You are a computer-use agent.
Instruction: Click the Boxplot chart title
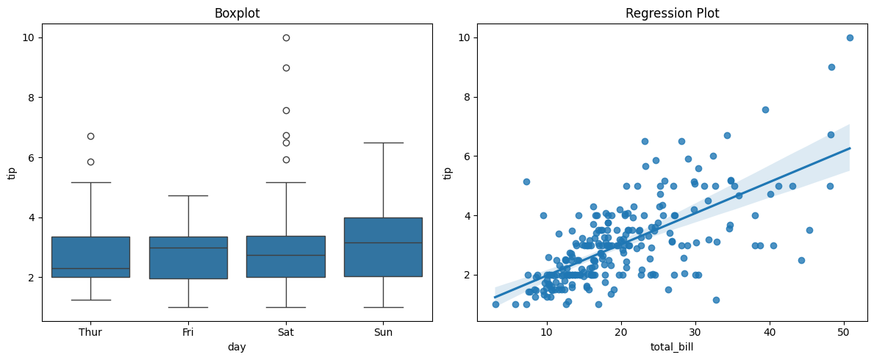[237, 13]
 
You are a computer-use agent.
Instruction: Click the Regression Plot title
[672, 13]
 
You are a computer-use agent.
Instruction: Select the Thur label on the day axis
[90, 332]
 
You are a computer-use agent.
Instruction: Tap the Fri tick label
[188, 332]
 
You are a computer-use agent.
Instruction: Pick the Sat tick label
[286, 332]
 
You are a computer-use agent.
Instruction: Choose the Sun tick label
[383, 332]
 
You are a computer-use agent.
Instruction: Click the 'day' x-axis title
[237, 347]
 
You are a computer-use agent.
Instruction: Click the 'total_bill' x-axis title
[672, 347]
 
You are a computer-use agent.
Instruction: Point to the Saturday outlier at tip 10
[286, 37]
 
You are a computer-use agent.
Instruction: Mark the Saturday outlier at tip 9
[286, 68]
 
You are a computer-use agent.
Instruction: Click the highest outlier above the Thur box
[90, 136]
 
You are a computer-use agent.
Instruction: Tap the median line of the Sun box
[383, 242]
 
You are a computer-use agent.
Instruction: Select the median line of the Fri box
[188, 248]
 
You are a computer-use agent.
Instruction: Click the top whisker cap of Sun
[383, 143]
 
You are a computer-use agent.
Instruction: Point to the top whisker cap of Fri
[188, 195]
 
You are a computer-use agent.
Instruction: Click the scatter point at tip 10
[850, 37]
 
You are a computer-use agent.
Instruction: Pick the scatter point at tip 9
[831, 67]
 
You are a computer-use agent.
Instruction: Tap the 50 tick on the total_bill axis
[844, 332]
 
